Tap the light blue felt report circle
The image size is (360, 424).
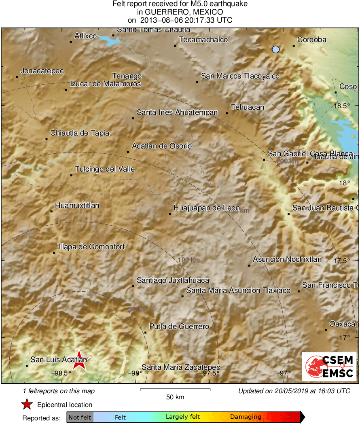[x=276, y=49]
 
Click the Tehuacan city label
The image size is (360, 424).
[x=247, y=107]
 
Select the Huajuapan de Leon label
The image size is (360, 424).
[x=207, y=208]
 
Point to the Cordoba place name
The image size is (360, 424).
[x=312, y=40]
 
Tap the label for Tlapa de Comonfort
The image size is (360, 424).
[x=91, y=247]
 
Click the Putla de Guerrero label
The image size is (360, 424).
[x=179, y=326]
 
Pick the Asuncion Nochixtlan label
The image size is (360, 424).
[x=287, y=259]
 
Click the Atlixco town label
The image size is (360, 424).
[x=85, y=36]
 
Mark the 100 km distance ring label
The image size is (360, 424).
[x=189, y=260]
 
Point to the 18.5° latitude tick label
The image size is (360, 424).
[x=343, y=106]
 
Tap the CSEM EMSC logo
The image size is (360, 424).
[x=329, y=367]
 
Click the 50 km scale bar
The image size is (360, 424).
[x=175, y=390]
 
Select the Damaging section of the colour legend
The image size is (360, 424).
[x=246, y=417]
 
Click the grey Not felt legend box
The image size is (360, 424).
[x=80, y=417]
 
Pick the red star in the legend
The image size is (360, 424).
[x=27, y=404]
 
